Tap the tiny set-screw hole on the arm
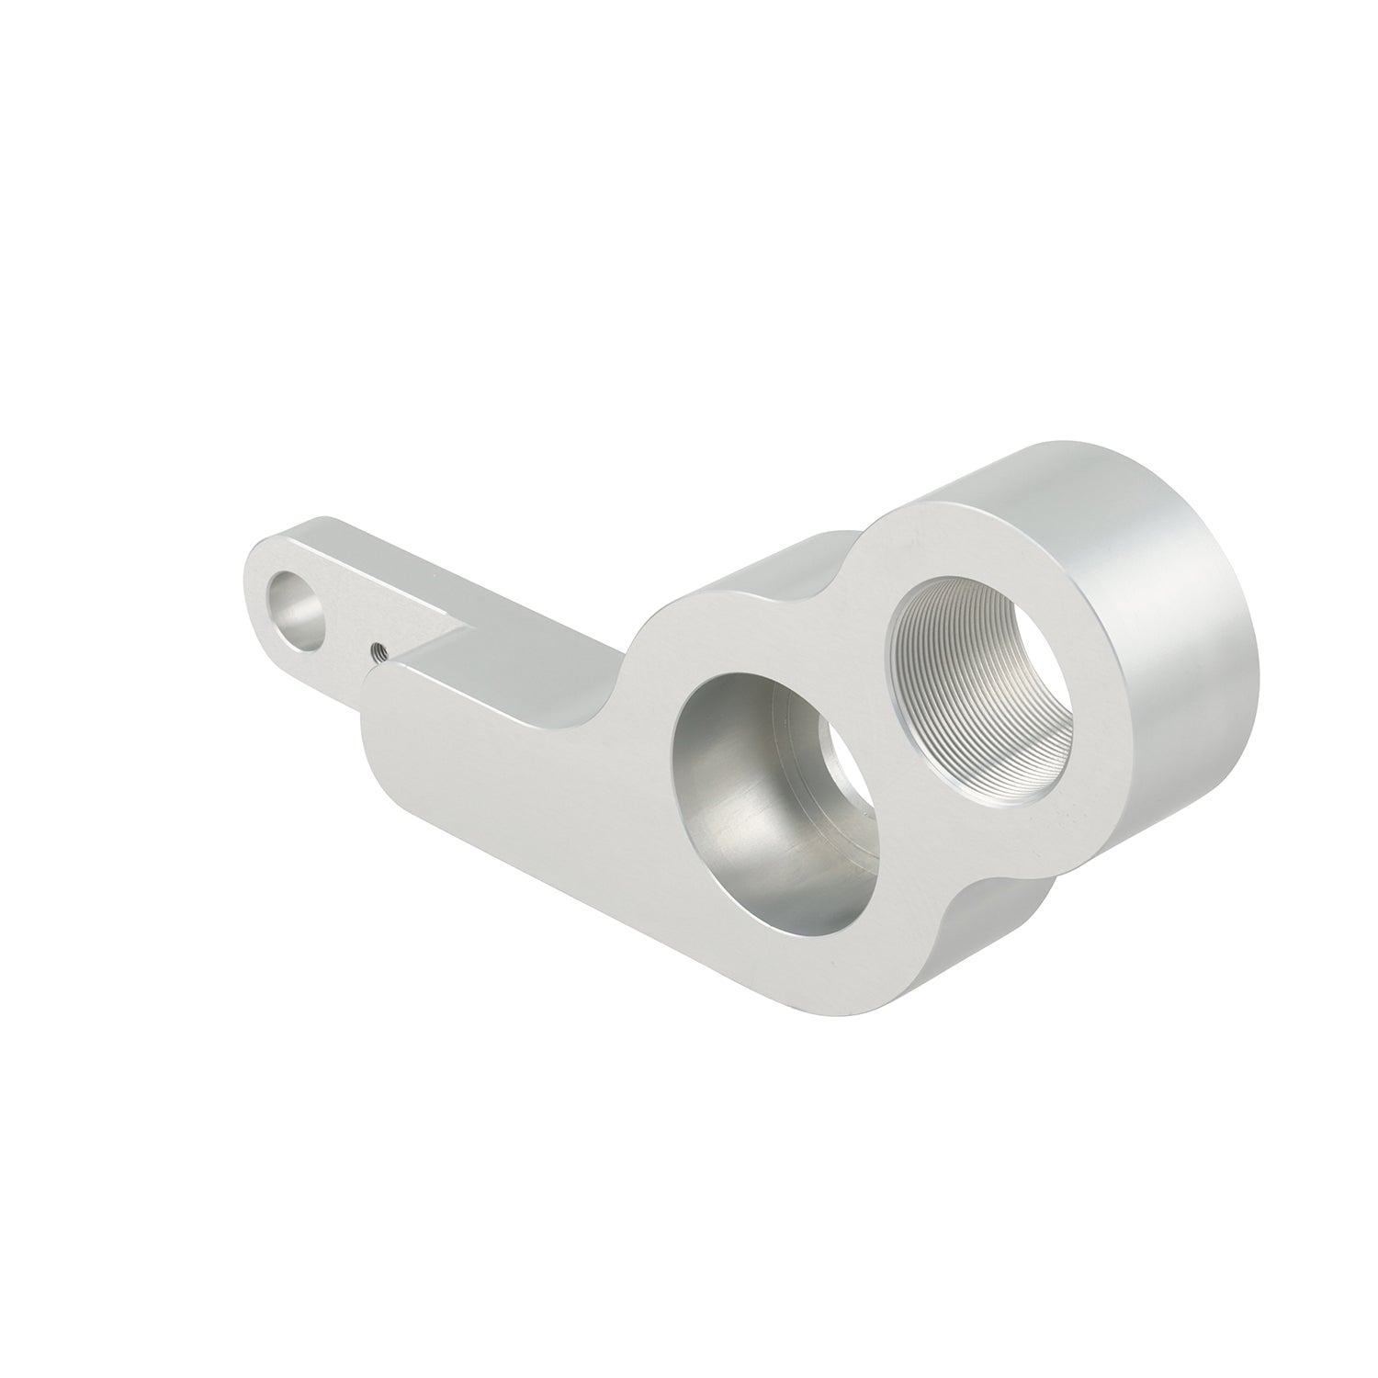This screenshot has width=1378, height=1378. coord(377,652)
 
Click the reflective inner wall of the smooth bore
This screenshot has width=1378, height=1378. coord(726,808)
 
